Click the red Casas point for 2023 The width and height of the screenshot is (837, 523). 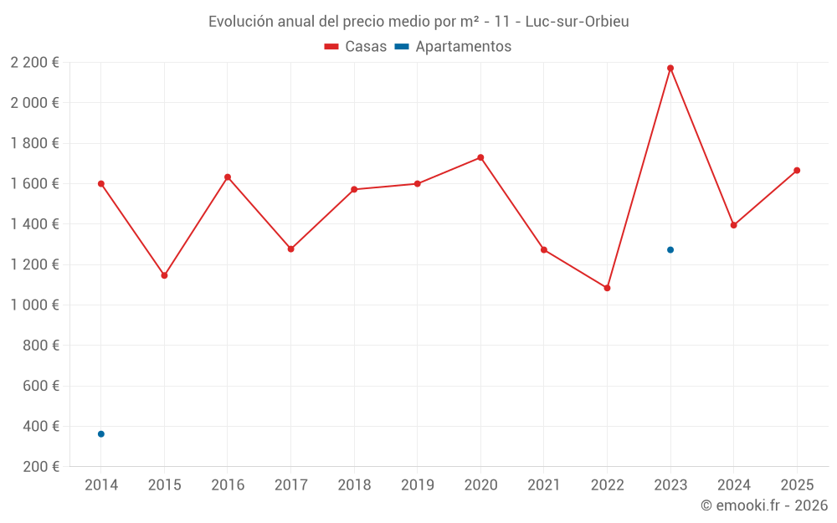tap(670, 68)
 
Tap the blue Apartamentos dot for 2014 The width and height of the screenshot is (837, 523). tap(101, 433)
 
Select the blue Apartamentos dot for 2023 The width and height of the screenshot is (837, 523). tap(670, 249)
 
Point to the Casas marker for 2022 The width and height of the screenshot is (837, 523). tap(607, 288)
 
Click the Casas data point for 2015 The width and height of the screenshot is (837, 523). tap(164, 275)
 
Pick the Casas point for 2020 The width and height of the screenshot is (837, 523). tap(480, 157)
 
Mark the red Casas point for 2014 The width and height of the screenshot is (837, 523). tap(101, 183)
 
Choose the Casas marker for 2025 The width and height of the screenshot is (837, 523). tap(797, 171)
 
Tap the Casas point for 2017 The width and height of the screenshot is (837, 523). tap(290, 249)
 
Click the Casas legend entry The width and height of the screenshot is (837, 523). tap(356, 47)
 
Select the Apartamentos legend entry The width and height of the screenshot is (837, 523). tap(453, 47)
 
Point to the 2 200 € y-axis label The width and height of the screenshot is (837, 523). tap(34, 62)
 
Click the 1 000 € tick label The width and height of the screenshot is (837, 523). tap(34, 305)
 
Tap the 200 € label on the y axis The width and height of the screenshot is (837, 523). tap(39, 466)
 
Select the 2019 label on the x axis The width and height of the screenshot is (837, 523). tap(417, 485)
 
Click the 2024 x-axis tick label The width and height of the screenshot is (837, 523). tap(733, 485)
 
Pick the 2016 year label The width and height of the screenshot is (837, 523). tap(228, 485)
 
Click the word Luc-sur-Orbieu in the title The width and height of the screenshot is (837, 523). tap(577, 22)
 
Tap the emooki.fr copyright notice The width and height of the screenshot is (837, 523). tap(763, 505)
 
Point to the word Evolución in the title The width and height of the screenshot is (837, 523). tap(239, 22)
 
